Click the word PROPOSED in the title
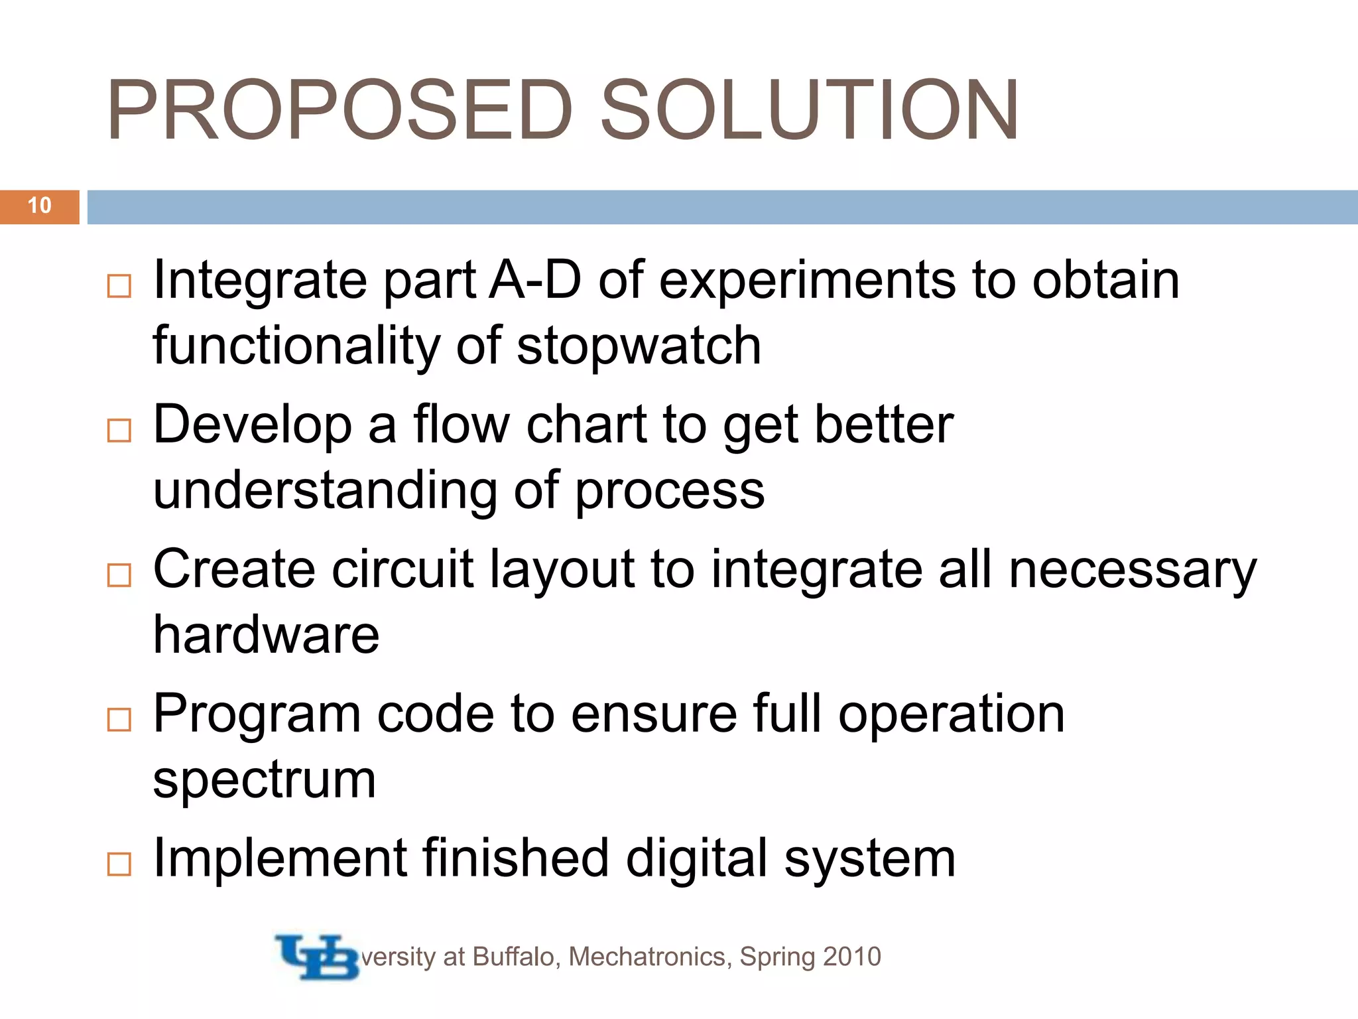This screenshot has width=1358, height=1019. pos(339,110)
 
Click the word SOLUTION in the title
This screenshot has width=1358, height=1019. pos(808,110)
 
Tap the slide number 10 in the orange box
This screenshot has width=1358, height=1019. pos(40,206)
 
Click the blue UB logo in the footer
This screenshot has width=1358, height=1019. pos(317,957)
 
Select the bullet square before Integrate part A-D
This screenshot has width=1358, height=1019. pos(119,286)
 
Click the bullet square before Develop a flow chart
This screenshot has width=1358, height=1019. pos(119,431)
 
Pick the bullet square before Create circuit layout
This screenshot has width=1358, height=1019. pos(119,575)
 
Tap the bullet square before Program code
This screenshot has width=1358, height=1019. pos(119,720)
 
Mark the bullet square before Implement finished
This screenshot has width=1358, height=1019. pos(119,864)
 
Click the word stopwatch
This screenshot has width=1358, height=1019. pos(639,347)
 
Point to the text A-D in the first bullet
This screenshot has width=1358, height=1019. pos(534,281)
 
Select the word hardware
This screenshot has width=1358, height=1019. pos(266,635)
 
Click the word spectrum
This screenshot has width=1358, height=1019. pos(265,781)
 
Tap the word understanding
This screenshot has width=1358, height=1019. pos(325,491)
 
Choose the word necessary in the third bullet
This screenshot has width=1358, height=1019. pos(1133,571)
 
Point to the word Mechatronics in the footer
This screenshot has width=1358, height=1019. pos(650,957)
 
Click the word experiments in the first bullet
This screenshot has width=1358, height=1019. pos(807,281)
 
